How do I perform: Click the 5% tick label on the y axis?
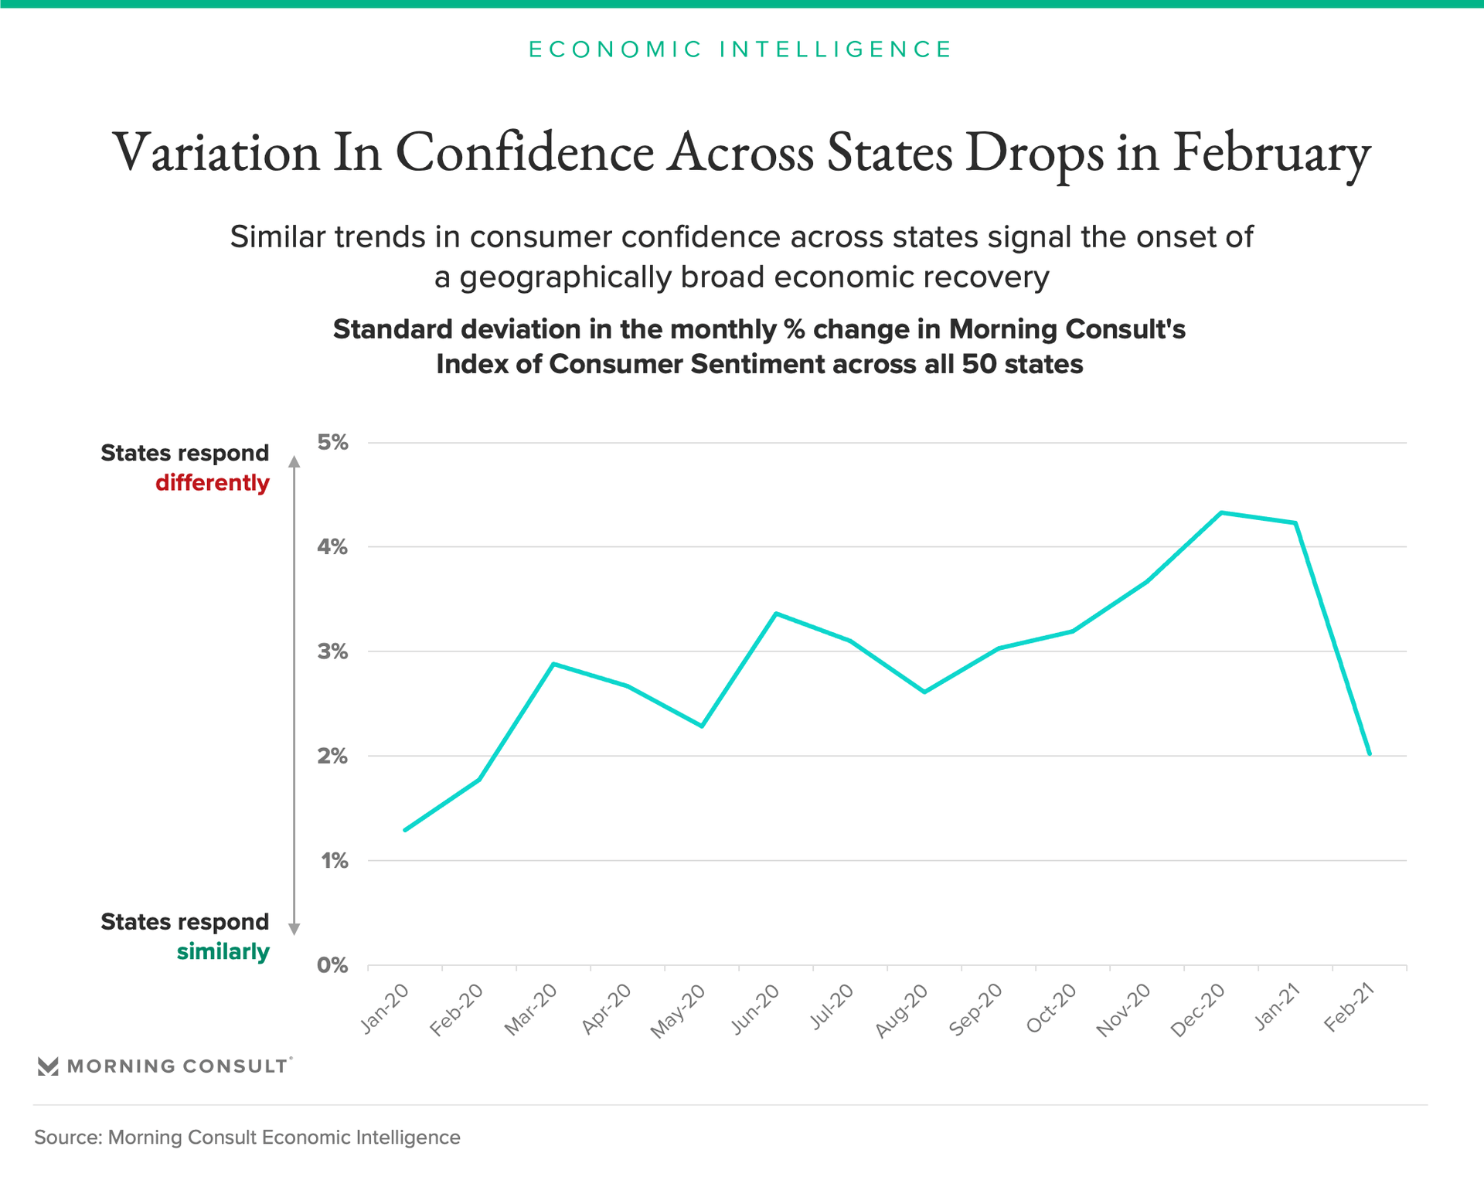click(332, 443)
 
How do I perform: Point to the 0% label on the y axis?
click(332, 965)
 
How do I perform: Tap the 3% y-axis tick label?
click(332, 651)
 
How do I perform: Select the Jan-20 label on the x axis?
click(384, 1008)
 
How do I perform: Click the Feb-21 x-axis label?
click(1349, 1008)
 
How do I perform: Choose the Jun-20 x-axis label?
click(755, 1009)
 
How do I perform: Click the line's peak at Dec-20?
click(1221, 512)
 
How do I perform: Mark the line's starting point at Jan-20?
click(405, 830)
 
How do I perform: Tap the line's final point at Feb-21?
click(1370, 753)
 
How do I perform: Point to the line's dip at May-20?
click(702, 726)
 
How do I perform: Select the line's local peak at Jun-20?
click(776, 614)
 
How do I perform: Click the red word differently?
click(213, 483)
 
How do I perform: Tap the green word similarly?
click(223, 951)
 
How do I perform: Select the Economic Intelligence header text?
click(740, 49)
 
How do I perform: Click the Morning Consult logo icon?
click(48, 1066)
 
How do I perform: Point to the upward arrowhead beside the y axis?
click(294, 461)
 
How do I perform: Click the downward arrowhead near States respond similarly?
click(294, 929)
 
